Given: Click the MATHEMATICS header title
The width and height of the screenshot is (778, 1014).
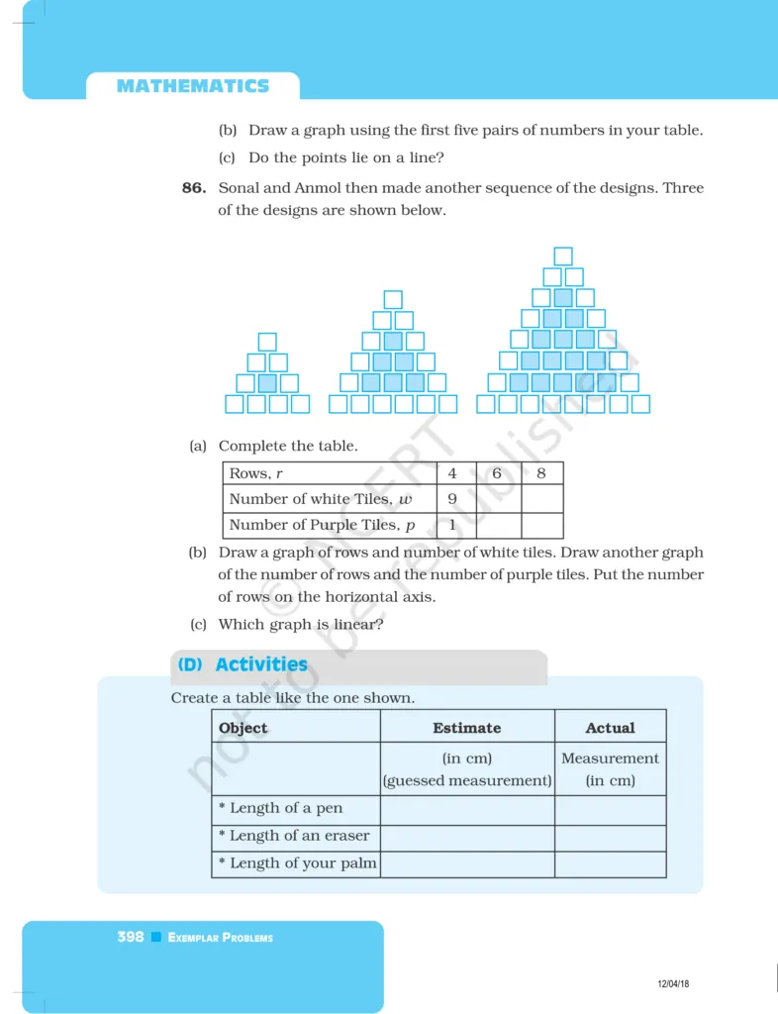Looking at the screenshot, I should coord(192,86).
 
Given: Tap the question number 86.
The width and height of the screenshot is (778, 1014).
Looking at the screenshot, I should coord(193,187).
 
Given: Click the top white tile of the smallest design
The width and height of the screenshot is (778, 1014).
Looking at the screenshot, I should coord(267,342).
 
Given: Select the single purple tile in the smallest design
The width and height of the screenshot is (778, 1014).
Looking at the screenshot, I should coord(267,383).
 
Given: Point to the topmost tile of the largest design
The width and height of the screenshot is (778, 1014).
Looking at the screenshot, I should coord(563,256).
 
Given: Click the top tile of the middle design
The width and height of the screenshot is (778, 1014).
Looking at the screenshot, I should coord(393,299).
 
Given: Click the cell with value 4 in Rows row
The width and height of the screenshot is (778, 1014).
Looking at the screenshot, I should coord(452,473).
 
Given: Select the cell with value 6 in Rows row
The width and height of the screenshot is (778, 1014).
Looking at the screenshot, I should coord(497,473).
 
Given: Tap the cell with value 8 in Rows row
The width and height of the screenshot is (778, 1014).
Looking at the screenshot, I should coord(541,473).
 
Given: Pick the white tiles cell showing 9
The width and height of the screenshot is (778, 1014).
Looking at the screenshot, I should coord(452,499).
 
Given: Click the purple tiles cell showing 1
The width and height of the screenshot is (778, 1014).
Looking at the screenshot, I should coord(452,525).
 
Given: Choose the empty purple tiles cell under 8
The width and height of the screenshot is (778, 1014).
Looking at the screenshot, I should coord(541,525).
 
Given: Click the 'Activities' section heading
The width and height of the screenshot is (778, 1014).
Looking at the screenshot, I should coord(260,664).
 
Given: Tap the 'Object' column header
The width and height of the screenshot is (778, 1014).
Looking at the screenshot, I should coord(243,728).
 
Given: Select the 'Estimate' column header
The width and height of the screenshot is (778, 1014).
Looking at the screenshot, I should coord(466,728).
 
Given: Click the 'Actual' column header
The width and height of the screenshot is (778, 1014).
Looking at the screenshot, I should coord(610,728).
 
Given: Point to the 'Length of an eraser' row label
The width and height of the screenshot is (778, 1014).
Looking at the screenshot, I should coord(294,836).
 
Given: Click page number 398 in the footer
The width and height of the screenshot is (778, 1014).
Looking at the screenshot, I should coord(131,937).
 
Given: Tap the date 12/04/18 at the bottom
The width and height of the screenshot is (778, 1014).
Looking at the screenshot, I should coord(673,983).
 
